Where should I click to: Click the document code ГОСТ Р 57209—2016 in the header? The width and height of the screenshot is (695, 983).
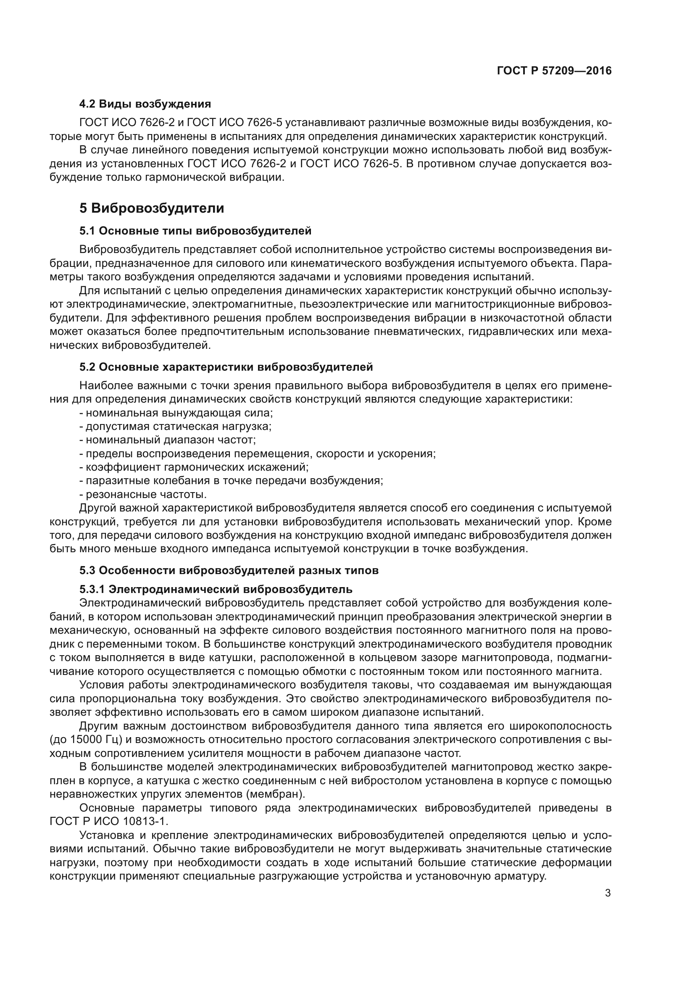point(554,71)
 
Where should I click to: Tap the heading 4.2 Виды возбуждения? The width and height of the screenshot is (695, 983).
point(145,104)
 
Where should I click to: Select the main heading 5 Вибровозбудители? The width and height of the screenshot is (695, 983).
point(152,208)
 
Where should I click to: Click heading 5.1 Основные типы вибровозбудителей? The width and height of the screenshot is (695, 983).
point(195,231)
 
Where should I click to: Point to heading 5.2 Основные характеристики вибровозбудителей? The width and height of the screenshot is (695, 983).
point(226,367)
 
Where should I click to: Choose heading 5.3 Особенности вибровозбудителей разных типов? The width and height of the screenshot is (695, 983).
point(229,571)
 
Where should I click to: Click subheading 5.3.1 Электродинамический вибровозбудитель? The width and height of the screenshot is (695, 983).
point(216,589)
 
